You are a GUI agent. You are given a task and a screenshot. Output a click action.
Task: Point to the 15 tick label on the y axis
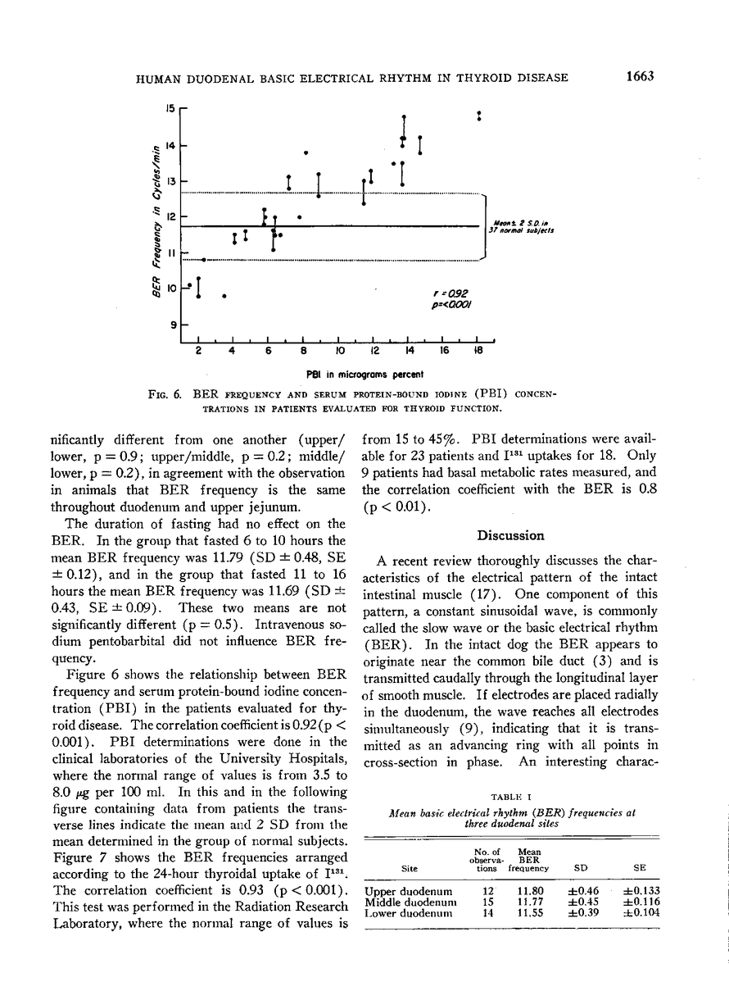[x=170, y=107]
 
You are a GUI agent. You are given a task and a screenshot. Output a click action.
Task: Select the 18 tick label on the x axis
[x=478, y=351]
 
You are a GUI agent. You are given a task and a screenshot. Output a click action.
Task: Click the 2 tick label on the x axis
[x=199, y=351]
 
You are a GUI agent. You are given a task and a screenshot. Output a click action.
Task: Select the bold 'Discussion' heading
[x=511, y=535]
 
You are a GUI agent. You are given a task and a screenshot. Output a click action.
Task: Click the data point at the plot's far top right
[x=479, y=116]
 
